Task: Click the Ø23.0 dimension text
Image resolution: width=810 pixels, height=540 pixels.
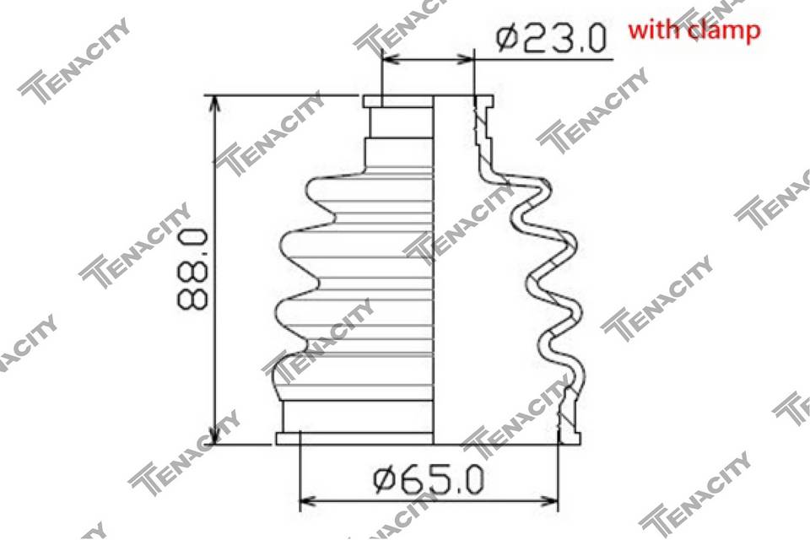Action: tap(550, 38)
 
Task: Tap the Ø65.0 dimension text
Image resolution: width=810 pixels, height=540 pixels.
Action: tap(429, 478)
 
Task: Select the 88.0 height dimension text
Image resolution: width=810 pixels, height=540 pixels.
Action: tap(192, 269)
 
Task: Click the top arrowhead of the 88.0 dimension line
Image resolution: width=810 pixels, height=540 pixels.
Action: tap(213, 105)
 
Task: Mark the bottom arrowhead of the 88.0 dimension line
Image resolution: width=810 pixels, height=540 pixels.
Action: tap(213, 433)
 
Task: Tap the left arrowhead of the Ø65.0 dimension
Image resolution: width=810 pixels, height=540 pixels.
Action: tap(310, 500)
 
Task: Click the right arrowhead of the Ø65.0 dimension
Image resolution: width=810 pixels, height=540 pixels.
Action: tap(548, 500)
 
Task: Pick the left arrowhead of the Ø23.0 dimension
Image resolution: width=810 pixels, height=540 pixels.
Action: tap(391, 59)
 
